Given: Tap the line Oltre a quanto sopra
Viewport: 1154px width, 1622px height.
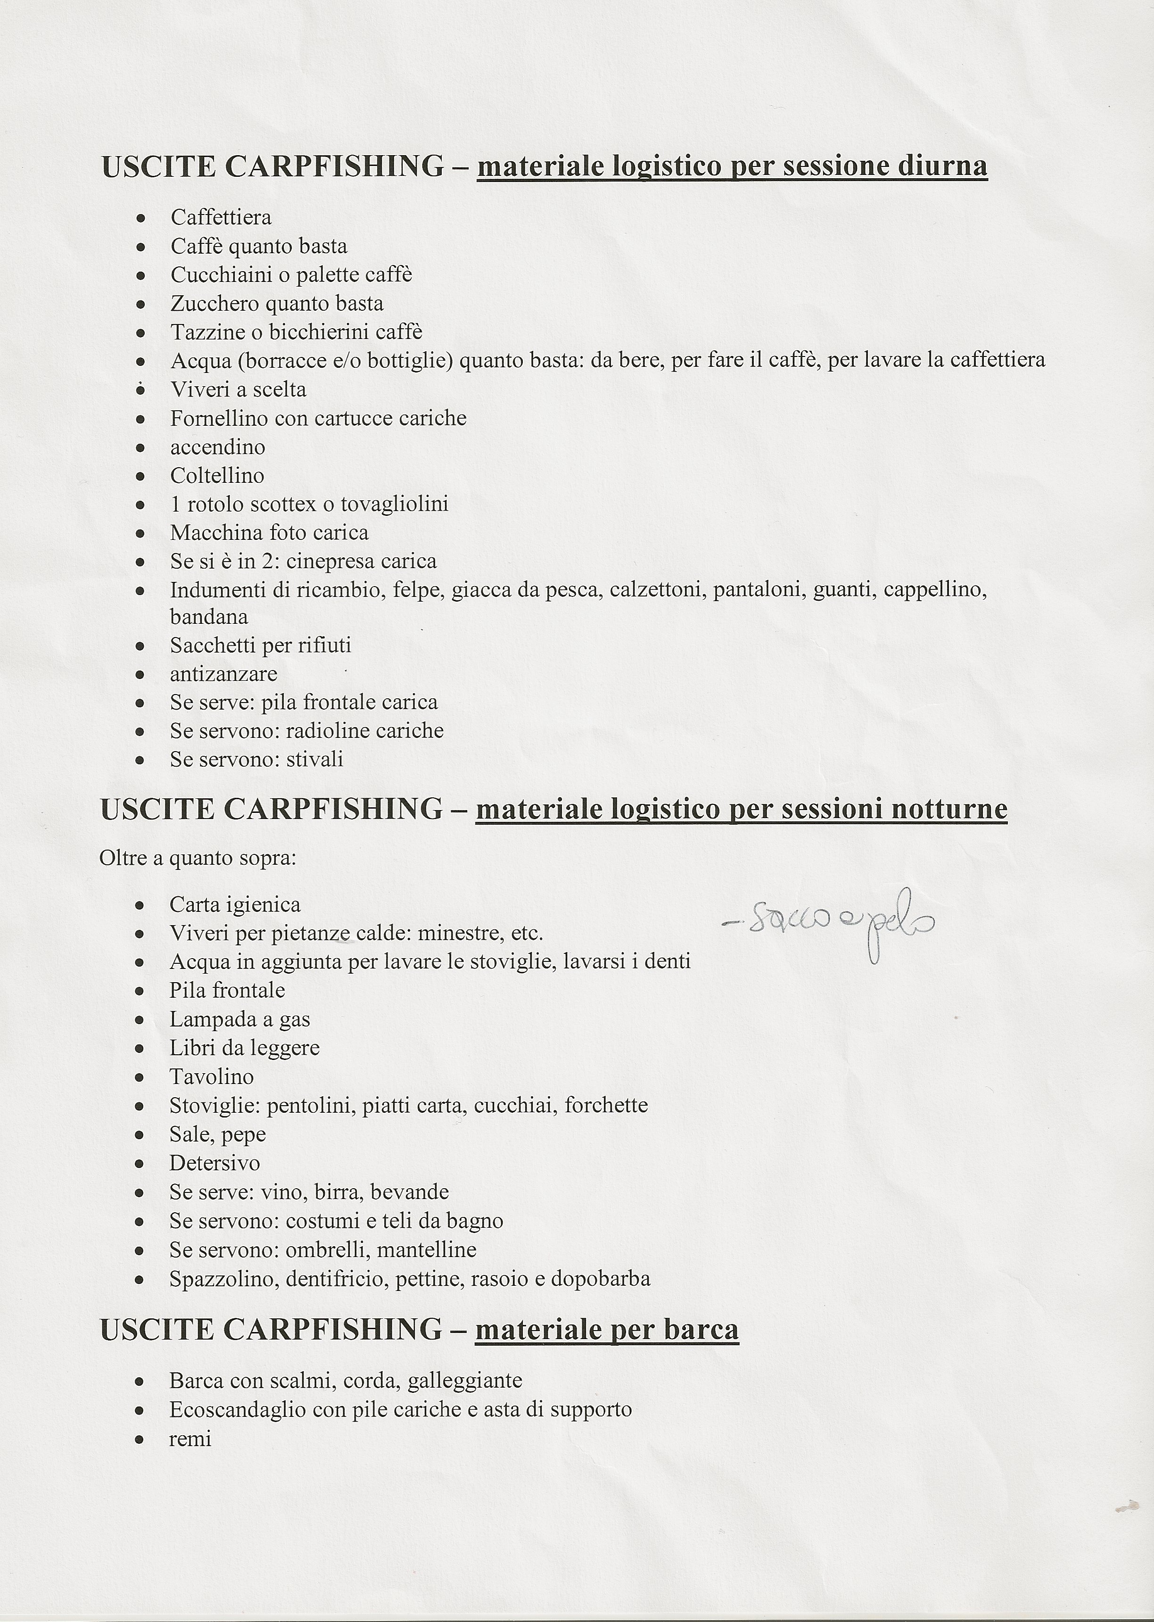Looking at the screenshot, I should click(x=198, y=859).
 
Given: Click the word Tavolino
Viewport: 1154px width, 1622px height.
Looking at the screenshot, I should click(x=211, y=1077).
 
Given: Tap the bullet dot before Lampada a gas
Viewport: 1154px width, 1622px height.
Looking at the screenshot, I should click(x=140, y=1021).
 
